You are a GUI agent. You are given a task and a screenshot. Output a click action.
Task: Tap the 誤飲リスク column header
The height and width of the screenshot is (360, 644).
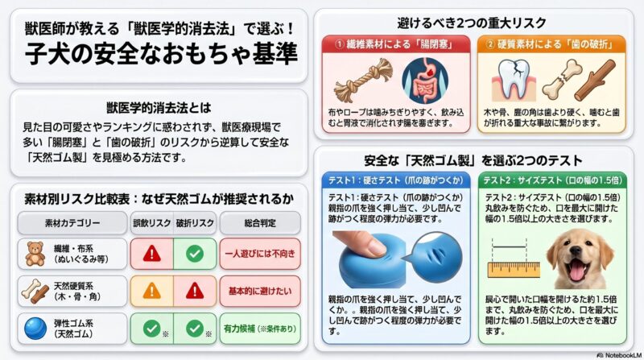click(151, 221)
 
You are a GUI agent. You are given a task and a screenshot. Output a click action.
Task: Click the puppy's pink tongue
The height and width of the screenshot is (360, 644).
click(576, 271)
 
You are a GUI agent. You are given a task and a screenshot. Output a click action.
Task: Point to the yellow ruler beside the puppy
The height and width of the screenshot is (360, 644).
click(515, 267)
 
